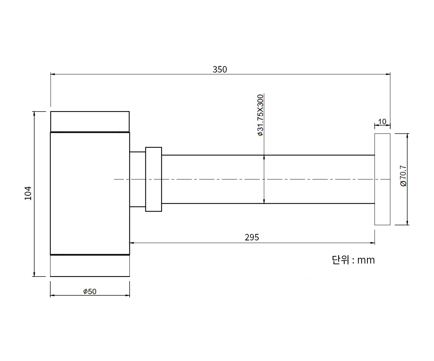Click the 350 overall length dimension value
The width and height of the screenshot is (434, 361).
point(220,70)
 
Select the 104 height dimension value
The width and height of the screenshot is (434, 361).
point(28,193)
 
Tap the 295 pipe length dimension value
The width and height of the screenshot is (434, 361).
point(252,237)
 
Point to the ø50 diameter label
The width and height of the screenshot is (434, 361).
point(90,291)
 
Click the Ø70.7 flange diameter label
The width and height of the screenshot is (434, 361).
point(403,176)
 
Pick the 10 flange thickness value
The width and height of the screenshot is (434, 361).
point(382,122)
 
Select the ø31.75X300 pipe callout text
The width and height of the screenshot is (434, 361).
point(260,115)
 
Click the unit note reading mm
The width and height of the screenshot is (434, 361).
point(366,260)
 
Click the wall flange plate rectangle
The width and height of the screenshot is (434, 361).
point(382,179)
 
